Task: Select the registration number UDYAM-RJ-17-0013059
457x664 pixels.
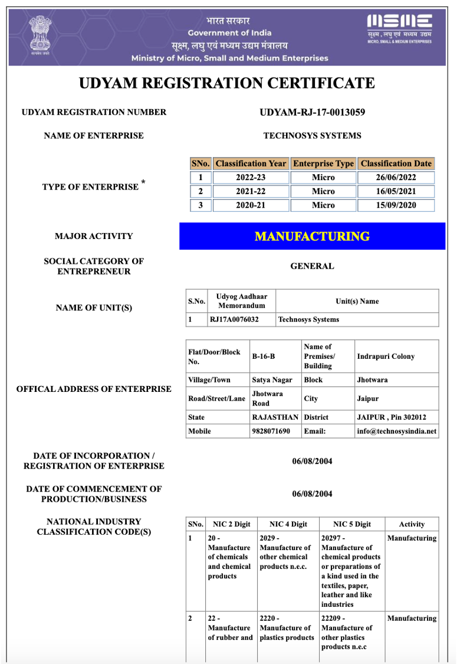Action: (312, 112)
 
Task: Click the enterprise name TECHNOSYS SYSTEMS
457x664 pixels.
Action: (312, 136)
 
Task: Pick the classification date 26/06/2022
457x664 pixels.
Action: (396, 178)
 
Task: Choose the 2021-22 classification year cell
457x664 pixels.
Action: (251, 191)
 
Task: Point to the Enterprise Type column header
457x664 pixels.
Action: (323, 163)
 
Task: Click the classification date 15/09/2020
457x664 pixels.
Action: (396, 205)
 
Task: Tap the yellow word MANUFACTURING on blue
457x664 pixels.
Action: (312, 236)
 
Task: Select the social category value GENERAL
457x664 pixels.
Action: (312, 266)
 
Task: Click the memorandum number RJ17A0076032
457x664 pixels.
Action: (234, 319)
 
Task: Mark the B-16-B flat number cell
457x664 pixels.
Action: (264, 356)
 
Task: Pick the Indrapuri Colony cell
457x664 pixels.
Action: (386, 356)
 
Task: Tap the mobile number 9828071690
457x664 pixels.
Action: (271, 431)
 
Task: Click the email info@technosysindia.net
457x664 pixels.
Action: (397, 431)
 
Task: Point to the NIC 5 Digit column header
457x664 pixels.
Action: (351, 524)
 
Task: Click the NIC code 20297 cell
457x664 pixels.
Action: (351, 571)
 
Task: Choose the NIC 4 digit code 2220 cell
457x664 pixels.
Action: (287, 628)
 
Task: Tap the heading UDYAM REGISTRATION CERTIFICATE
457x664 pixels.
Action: (227, 83)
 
